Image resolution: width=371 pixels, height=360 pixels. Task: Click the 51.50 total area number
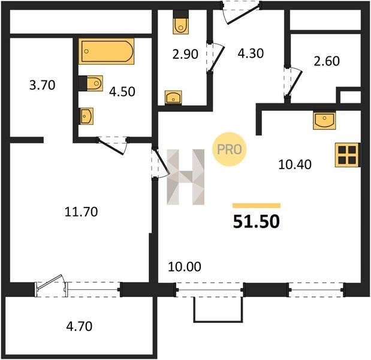click(257, 221)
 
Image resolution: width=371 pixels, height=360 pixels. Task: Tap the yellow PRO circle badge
click(230, 149)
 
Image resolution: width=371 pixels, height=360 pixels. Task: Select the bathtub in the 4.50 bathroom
click(107, 51)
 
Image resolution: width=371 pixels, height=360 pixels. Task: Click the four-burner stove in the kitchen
click(347, 155)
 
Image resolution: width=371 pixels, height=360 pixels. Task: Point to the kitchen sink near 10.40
click(324, 121)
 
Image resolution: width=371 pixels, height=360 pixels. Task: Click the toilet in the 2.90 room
click(181, 22)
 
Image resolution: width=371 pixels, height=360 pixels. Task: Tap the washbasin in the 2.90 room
click(173, 97)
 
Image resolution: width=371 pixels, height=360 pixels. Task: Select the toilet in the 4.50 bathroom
click(91, 83)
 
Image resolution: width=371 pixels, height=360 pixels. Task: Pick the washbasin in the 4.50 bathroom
click(86, 116)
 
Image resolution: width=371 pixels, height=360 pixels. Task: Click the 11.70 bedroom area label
click(81, 212)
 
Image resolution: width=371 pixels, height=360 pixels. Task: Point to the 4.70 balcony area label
click(79, 326)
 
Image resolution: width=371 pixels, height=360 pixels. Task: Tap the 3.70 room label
click(43, 85)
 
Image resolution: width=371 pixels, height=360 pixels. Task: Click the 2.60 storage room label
click(327, 61)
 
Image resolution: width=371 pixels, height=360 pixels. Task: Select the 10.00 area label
click(185, 266)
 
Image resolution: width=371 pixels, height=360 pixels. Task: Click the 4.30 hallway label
click(251, 53)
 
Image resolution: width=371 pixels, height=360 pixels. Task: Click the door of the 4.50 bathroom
click(113, 146)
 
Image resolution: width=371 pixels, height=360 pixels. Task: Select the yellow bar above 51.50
click(257, 206)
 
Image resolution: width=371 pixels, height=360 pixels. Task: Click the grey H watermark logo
click(186, 177)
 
